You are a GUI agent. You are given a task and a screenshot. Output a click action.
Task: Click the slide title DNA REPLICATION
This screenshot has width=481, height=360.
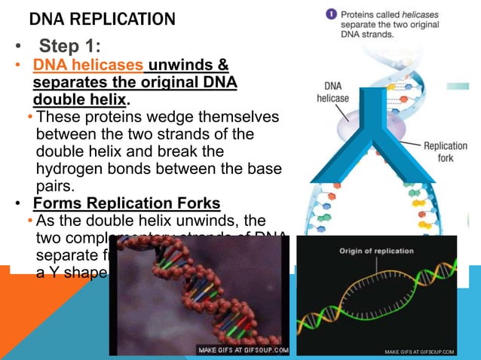pos(102,19)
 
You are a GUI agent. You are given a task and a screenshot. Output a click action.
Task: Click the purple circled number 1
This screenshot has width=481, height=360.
pos(330,14)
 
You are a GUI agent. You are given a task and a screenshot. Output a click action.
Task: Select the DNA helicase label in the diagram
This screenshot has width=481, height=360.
pos(332,92)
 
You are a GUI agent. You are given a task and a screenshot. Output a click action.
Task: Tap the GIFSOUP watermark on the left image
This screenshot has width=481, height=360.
pos(243,350)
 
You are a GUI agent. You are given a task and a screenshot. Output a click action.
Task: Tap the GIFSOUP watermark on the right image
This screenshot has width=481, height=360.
pos(419,351)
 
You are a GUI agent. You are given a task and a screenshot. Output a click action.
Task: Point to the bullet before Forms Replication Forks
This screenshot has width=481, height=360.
pos(19,204)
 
